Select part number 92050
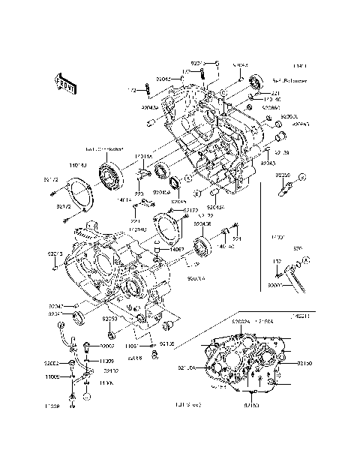click(109, 319)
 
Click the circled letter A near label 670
click(306, 259)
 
